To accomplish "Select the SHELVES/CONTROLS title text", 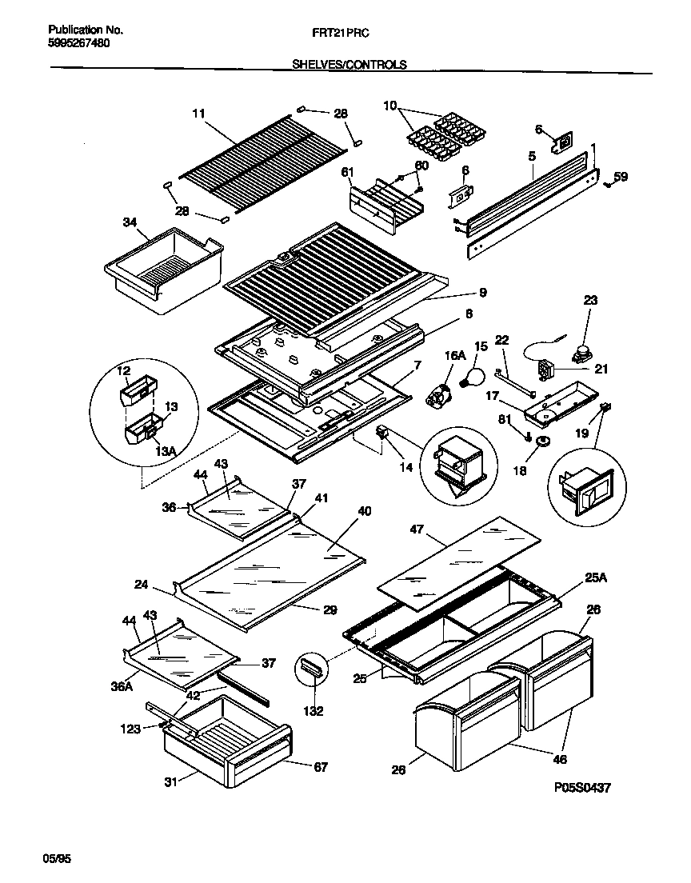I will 349,65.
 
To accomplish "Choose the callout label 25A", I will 595,577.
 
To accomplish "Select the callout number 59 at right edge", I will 621,178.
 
